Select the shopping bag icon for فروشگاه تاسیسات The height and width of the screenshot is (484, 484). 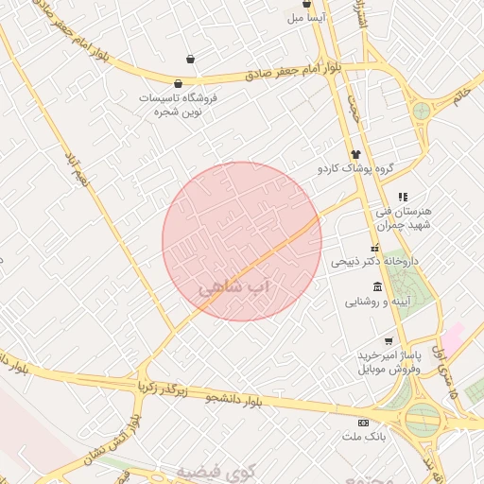pyautogui.click(x=179, y=83)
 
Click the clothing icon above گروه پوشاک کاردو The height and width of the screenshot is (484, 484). pyautogui.click(x=355, y=154)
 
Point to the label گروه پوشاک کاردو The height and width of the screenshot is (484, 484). pyautogui.click(x=354, y=169)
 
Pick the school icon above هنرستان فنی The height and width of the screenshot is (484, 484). pyautogui.click(x=403, y=197)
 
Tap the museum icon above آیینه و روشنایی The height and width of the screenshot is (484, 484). pyautogui.click(x=377, y=286)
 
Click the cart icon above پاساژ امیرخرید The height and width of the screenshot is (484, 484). pyautogui.click(x=389, y=340)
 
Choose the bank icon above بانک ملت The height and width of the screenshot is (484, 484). pyautogui.click(x=363, y=422)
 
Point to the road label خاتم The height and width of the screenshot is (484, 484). pyautogui.click(x=461, y=96)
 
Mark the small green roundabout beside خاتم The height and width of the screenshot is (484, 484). pyautogui.click(x=421, y=111)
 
